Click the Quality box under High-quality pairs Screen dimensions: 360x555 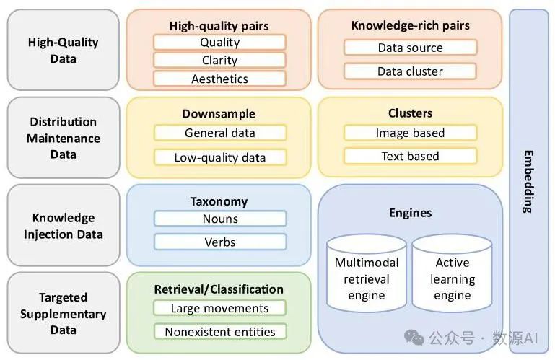tap(220, 43)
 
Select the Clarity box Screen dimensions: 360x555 tap(220, 61)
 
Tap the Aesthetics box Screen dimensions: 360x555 tap(220, 79)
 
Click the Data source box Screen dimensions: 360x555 tap(410, 48)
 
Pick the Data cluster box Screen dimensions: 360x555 tap(410, 71)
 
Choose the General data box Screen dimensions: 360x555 tap(220, 133)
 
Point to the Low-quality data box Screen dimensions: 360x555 tap(220, 157)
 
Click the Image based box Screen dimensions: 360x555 tap(410, 133)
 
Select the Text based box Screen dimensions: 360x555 tap(410, 156)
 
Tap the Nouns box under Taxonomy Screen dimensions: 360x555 tap(220, 219)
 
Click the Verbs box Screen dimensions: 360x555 tap(220, 242)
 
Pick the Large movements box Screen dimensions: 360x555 tap(220, 308)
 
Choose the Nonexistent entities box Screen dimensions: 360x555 tap(220, 332)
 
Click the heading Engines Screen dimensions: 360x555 tap(410, 213)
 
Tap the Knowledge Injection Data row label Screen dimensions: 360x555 tap(64, 226)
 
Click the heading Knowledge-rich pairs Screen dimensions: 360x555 tap(410, 25)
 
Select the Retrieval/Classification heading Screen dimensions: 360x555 tap(219, 289)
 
